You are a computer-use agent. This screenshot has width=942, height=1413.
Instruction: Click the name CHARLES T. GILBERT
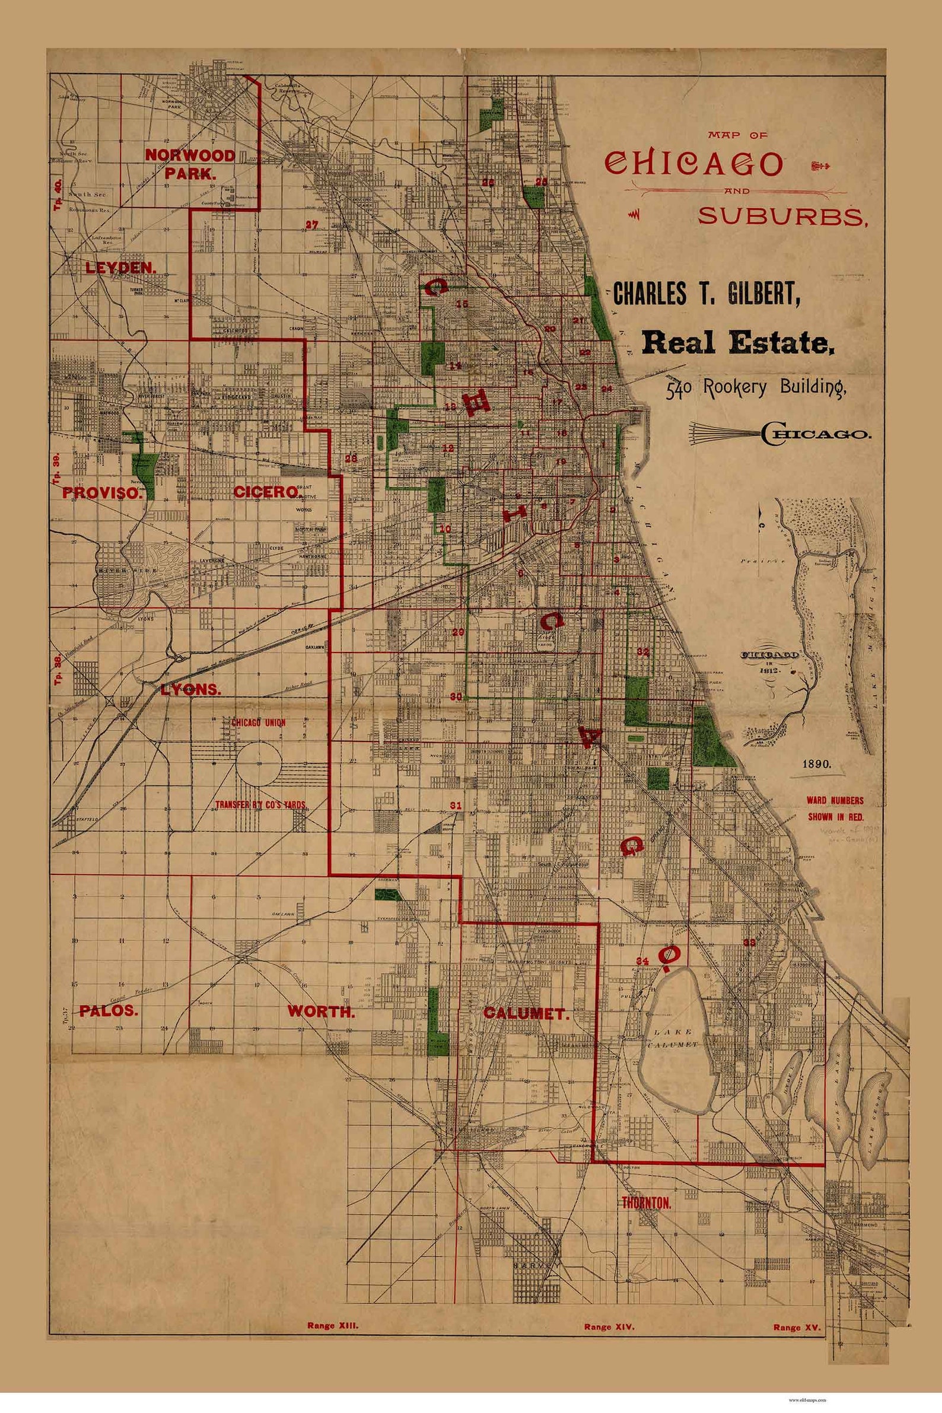706,294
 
